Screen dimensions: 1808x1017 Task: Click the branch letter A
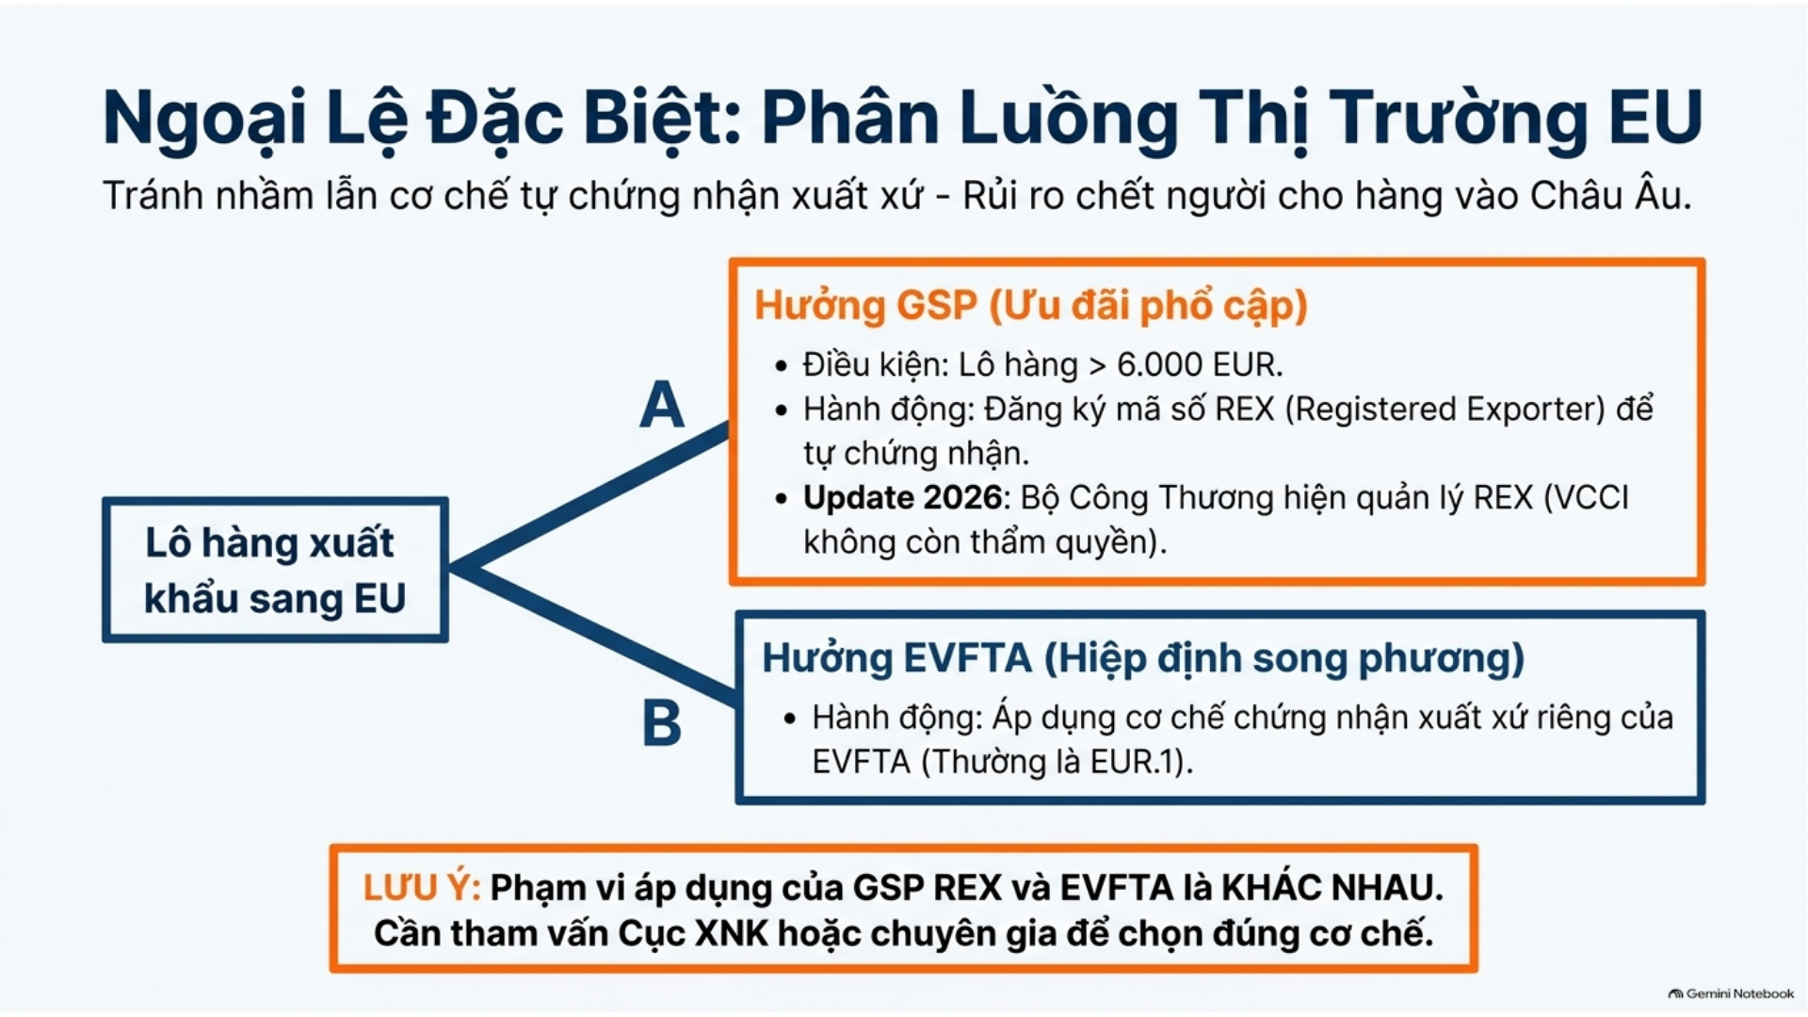coord(661,405)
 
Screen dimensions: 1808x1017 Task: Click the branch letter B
coord(661,723)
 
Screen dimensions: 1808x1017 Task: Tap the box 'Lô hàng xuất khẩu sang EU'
coord(275,570)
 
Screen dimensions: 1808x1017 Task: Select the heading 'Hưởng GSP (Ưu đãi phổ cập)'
coord(1031,306)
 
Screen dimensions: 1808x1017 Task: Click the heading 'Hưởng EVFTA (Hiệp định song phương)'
coord(1143,658)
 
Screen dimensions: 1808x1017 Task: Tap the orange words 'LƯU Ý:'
coord(422,887)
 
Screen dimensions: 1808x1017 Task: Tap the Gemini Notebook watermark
coord(1731,993)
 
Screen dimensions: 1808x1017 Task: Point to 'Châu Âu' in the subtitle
coord(1608,195)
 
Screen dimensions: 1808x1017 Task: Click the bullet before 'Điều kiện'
coord(781,365)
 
